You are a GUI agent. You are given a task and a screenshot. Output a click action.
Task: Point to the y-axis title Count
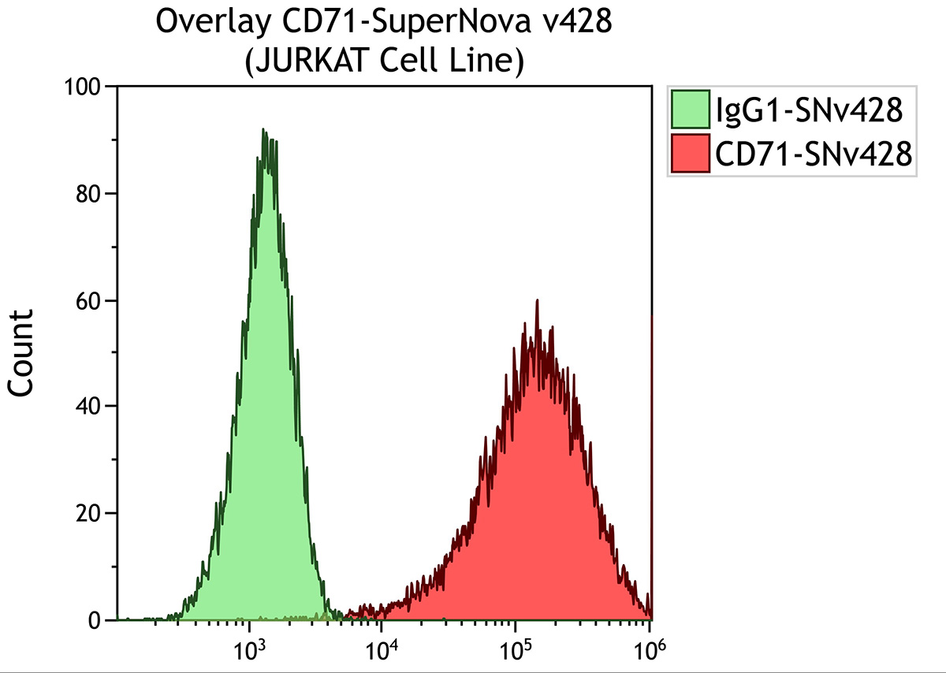[21, 352]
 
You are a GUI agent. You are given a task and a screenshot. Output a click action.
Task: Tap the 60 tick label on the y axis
[91, 300]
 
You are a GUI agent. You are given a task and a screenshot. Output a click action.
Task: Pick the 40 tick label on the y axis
[91, 407]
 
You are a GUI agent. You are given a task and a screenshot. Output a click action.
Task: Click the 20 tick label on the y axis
[91, 513]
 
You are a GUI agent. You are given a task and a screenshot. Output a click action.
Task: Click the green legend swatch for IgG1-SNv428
[691, 110]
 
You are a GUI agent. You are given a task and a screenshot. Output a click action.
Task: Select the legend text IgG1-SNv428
[807, 110]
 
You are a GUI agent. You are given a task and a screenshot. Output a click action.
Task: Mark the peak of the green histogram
[264, 131]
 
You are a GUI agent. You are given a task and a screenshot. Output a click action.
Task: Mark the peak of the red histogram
[537, 301]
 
